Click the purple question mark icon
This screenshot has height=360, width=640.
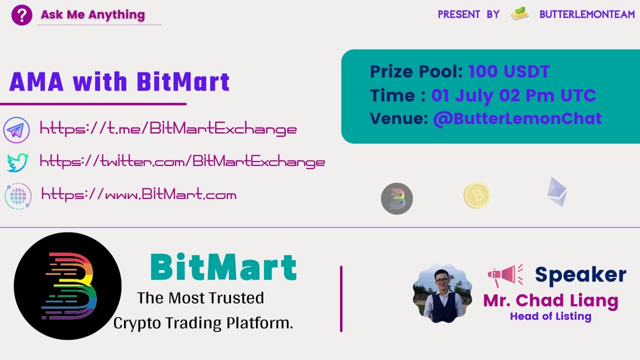coord(21,15)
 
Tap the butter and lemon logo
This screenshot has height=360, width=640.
coord(519,13)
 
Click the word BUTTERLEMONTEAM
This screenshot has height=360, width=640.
coord(587,14)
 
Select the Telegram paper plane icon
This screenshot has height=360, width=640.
coord(16,130)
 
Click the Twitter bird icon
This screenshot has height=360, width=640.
coord(17,162)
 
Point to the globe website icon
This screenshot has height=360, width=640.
coord(18,196)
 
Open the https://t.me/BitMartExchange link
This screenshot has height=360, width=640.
coord(168,128)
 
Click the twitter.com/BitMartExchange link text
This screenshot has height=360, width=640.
coord(182,161)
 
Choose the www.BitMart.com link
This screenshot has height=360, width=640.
coord(139,194)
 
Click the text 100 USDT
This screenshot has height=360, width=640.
coord(509,71)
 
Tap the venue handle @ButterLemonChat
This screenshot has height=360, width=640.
coord(517,119)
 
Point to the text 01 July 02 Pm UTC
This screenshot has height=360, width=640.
coord(513,95)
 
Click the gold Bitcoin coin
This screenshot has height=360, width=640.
coord(476,195)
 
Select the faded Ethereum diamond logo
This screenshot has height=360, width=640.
coord(557,191)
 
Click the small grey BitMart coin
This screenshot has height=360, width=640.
coord(397,198)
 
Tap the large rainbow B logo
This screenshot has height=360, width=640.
coord(67,286)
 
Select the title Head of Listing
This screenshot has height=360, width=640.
coord(550,316)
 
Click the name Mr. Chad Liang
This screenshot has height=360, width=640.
coord(551,301)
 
